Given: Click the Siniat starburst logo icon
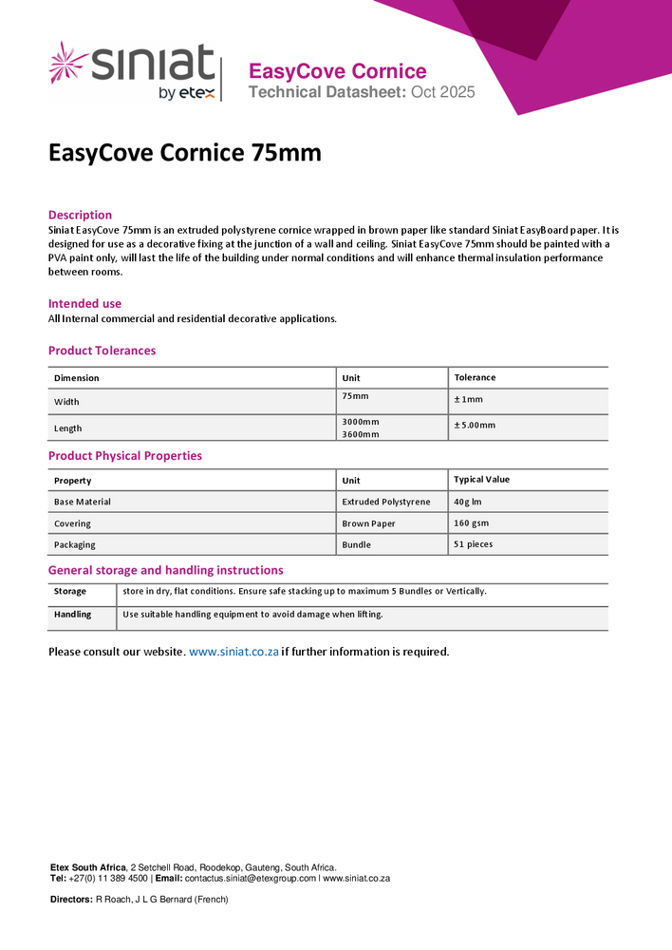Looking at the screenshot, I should [68, 63].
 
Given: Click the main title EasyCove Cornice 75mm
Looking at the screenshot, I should [185, 153].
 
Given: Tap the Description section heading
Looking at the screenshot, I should [80, 215].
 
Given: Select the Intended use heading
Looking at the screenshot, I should [84, 304].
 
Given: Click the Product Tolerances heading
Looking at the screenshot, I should [102, 351].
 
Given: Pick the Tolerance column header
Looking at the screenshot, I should [475, 377].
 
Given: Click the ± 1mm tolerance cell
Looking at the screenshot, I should [468, 399].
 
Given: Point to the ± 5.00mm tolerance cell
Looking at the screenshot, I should [475, 425].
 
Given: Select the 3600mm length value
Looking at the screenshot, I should [360, 434].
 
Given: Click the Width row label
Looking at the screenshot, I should [66, 402].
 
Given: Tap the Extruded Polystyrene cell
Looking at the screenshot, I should [385, 502].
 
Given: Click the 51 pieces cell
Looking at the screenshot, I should [473, 544].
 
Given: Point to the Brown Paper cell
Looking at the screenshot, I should [368, 523].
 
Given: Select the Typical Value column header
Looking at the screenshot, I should [481, 480].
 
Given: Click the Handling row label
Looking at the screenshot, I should [72, 615].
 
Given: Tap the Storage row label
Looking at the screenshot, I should [69, 591].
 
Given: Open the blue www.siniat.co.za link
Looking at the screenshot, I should [233, 652].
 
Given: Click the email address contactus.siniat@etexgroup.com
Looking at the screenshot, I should [251, 879].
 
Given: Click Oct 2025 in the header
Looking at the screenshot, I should [443, 92].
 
